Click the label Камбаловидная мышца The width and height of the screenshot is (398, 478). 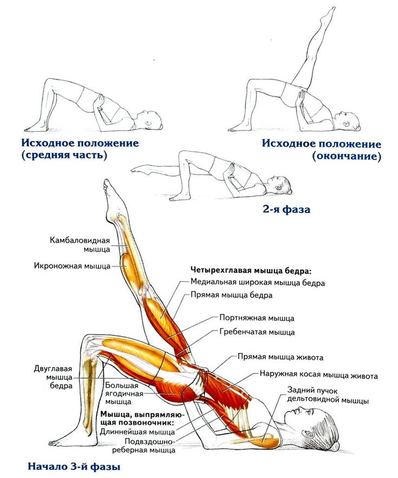click(x=80, y=244)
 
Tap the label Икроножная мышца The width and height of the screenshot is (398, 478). click(x=72, y=266)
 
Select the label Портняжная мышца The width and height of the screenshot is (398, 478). click(x=257, y=318)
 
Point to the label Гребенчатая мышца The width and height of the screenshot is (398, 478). click(x=257, y=332)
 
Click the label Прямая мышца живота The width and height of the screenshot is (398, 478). click(x=280, y=357)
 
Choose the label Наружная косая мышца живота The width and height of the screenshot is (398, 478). click(x=318, y=376)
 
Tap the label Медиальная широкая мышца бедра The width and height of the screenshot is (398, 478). click(x=258, y=282)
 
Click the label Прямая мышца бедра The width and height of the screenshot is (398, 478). click(x=231, y=295)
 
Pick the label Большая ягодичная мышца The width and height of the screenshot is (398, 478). click(x=124, y=393)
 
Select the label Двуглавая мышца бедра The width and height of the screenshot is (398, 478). click(x=53, y=377)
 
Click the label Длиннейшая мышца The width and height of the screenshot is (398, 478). click(x=138, y=431)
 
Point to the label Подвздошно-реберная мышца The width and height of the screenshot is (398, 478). click(x=150, y=445)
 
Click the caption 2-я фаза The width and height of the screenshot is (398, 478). click(x=286, y=210)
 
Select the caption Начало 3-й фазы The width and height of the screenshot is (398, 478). click(x=74, y=467)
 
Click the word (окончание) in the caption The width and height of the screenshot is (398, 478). click(x=346, y=157)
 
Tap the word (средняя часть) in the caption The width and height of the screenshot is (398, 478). click(x=64, y=156)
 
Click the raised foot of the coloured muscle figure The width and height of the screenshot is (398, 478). click(x=109, y=191)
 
